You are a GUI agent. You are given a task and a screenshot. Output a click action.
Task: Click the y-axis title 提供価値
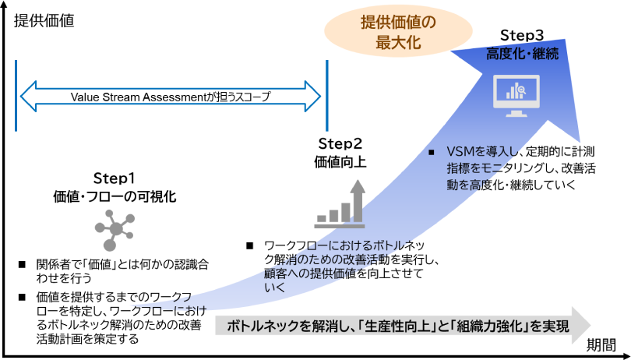44,21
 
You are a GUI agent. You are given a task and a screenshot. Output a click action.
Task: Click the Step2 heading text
340,144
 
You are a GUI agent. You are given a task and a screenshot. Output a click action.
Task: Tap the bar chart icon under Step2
340,204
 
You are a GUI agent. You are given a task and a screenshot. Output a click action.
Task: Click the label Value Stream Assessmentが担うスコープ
171,97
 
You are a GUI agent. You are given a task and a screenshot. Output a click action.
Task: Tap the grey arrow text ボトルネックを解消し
397,326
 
